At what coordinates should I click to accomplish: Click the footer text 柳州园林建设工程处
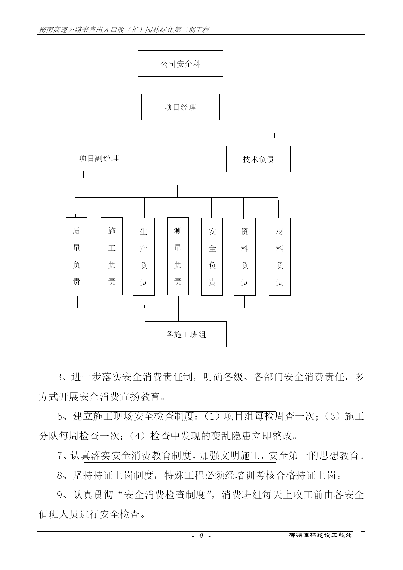pyautogui.click(x=320, y=535)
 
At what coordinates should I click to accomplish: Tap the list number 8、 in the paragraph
pyautogui.click(x=64, y=476)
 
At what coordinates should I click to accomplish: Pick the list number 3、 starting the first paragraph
pyautogui.click(x=64, y=377)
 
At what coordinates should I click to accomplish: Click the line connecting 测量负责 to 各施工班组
pyautogui.click(x=178, y=308)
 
